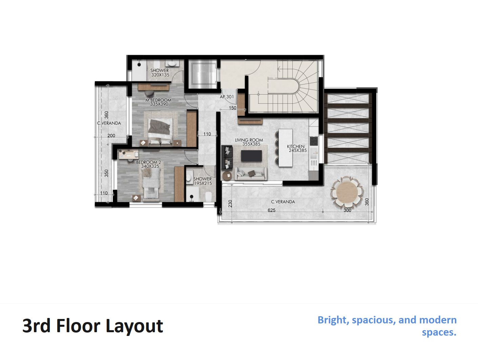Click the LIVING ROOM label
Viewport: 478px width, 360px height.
249,140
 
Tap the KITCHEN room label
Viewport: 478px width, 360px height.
295,146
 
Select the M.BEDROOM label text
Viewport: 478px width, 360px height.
158,100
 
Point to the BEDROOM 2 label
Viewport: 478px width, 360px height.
148,162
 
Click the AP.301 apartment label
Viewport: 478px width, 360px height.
227,97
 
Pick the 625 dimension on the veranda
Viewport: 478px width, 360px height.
272,210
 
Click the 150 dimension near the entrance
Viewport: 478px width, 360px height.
233,108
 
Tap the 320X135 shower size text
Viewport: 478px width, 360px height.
160,75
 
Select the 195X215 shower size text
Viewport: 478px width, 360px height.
203,183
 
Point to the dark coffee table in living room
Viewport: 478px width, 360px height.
251,156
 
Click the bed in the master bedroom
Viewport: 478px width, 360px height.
160,132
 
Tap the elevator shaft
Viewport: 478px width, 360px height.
203,74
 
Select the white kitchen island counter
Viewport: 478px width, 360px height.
286,148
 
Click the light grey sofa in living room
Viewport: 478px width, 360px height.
251,174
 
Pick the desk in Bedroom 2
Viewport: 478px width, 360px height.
128,154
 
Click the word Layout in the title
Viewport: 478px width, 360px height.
134,326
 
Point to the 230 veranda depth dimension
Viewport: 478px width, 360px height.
230,204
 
